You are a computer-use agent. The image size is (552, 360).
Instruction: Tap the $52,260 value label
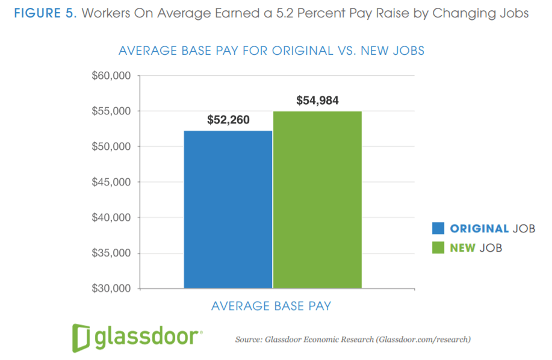[228, 120]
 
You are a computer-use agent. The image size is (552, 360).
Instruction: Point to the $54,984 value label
[317, 101]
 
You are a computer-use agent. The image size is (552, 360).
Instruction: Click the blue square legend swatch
[438, 229]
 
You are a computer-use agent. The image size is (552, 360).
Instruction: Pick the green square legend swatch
[438, 247]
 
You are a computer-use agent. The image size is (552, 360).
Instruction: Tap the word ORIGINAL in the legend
[479, 229]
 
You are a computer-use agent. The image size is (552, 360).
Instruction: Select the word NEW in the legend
[464, 247]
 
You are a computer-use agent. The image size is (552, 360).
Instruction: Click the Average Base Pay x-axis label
[271, 306]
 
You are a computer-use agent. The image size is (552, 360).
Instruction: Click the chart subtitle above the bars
[271, 51]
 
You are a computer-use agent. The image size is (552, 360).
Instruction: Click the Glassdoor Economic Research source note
[352, 340]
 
